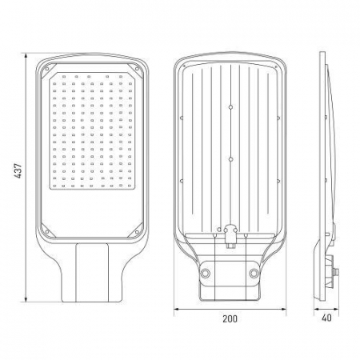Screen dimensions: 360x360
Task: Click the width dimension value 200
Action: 230,319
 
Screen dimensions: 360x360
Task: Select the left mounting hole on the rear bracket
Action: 206,274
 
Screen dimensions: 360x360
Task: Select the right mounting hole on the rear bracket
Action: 254,274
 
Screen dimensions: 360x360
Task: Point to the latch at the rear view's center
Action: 230,234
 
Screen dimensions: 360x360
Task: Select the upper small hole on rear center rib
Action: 230,106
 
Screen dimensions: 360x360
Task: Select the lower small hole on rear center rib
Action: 230,160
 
